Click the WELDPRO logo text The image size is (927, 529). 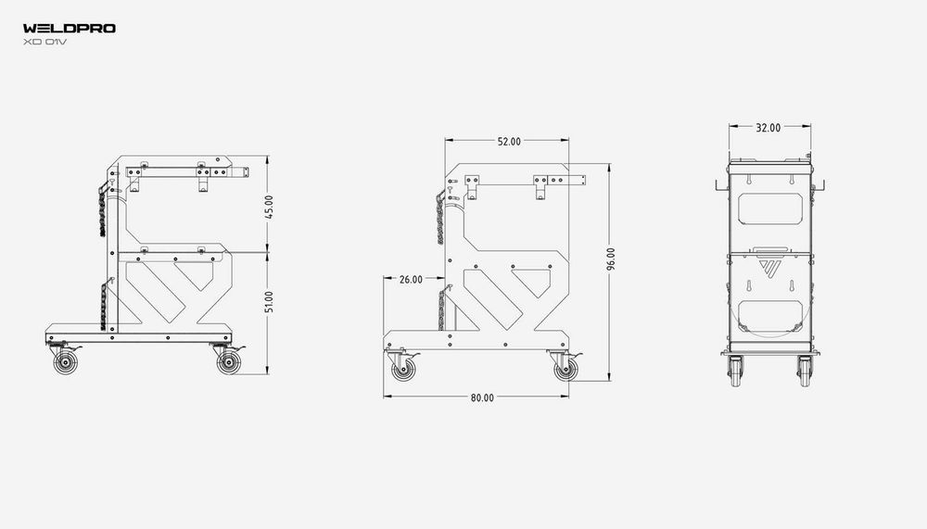coord(70,29)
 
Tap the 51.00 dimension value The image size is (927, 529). coord(269,302)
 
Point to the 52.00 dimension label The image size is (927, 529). coord(509,142)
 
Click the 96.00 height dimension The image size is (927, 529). coord(611,258)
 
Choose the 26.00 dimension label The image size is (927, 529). coord(410,279)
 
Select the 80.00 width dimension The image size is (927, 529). coord(482,397)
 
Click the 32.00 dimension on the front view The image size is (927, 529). coord(768,128)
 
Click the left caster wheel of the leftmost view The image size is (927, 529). coord(65,363)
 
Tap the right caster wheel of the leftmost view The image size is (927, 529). coord(227,363)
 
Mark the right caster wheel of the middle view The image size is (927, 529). coord(564,370)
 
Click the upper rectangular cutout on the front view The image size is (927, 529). coord(769,208)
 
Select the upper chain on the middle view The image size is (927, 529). coord(438,218)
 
